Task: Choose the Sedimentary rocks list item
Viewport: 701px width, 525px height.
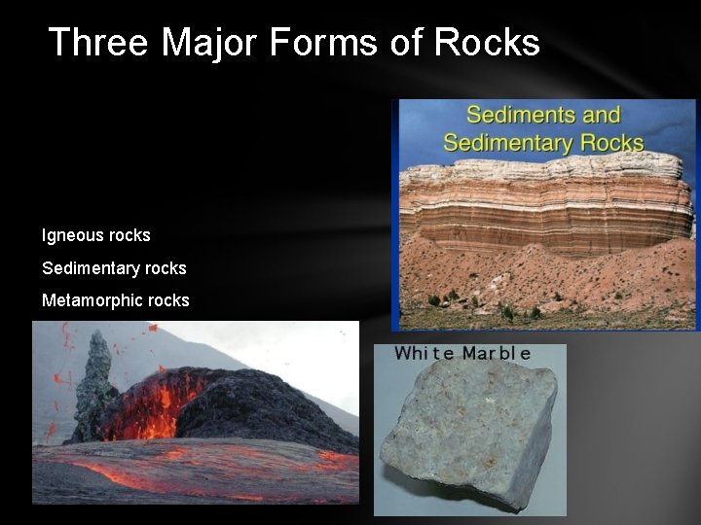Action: click(114, 267)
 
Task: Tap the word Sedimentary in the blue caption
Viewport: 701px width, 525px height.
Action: click(505, 142)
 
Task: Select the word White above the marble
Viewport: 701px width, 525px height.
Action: click(424, 353)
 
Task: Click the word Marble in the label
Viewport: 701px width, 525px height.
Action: click(497, 353)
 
